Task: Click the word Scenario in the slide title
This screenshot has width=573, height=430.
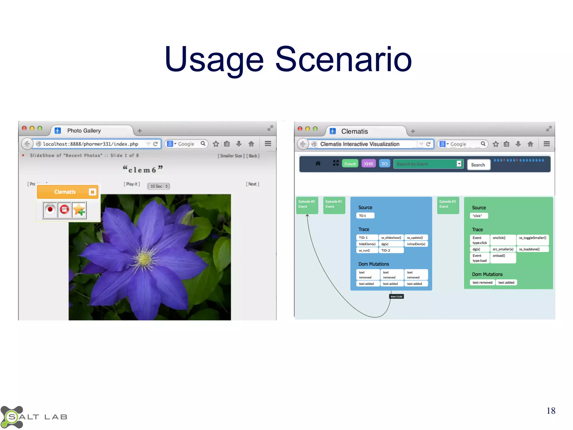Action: [x=343, y=59]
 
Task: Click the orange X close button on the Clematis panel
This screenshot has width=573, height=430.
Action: [x=92, y=192]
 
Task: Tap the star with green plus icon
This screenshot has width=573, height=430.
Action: [x=79, y=210]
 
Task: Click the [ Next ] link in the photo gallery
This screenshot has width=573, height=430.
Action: [x=252, y=184]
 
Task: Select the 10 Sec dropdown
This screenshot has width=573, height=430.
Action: [x=158, y=186]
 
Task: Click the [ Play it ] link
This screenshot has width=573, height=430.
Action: [x=132, y=184]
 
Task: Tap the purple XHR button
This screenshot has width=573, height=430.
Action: [x=368, y=164]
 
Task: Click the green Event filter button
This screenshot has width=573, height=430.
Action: [x=350, y=164]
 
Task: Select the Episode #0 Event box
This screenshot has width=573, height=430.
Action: [x=307, y=205]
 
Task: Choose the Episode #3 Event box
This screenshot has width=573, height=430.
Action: [x=448, y=205]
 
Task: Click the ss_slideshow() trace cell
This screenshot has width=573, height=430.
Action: [x=391, y=238]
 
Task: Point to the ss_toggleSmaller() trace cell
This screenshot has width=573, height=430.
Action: [x=532, y=238]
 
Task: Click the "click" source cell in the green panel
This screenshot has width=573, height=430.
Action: [x=478, y=216]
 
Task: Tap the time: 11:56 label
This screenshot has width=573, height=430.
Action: [x=396, y=296]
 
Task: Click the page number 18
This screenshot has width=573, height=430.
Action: [x=551, y=411]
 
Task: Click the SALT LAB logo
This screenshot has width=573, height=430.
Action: [x=34, y=417]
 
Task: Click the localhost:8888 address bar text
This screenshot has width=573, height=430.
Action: [x=90, y=144]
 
